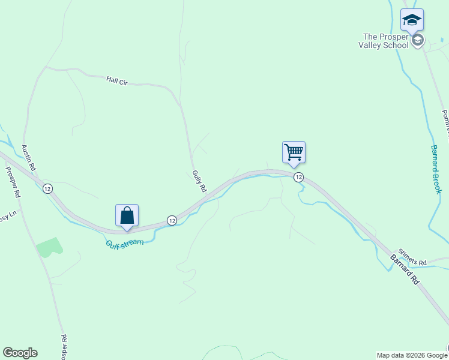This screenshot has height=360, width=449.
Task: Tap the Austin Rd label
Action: pos(29,157)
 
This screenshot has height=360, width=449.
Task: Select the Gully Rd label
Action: pos(199,181)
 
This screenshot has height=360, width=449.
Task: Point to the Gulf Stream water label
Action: pos(125,242)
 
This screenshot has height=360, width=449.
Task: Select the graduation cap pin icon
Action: pos(412,20)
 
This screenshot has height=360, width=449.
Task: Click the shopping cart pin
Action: pos(294,152)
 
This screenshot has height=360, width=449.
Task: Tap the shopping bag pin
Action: pos(127,216)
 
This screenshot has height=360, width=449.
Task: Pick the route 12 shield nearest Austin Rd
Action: pos(47,188)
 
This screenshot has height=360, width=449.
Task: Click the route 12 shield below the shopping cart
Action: pos(298,177)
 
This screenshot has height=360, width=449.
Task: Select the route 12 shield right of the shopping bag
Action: pos(172,220)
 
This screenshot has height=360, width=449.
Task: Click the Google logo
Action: pos(20,353)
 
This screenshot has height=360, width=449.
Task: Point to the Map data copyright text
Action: pos(412,355)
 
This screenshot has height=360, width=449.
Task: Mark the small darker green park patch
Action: pos(50,247)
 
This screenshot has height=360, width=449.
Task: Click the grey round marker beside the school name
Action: pos(418,40)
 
